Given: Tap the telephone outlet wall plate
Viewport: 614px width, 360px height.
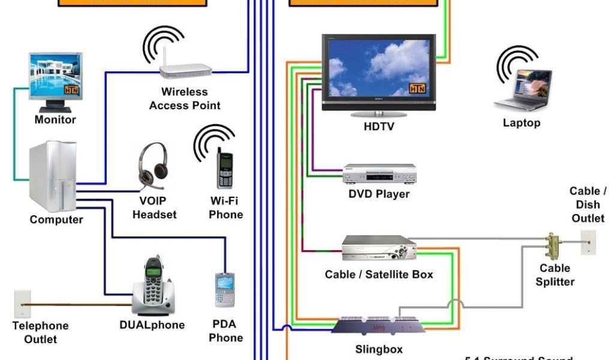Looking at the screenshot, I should (23, 304).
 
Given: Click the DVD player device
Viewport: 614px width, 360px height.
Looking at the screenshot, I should (379, 175).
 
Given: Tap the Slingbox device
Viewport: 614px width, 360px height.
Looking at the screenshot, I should (378, 325).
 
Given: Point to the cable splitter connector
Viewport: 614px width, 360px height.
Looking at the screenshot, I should (553, 245).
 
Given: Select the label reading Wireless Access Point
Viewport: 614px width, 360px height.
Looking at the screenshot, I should (185, 99).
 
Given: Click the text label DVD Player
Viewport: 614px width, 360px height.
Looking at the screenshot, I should (379, 194).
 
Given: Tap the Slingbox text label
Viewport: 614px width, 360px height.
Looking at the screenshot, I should (378, 349).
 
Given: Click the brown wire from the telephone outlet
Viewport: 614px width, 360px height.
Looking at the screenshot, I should (78, 305).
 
